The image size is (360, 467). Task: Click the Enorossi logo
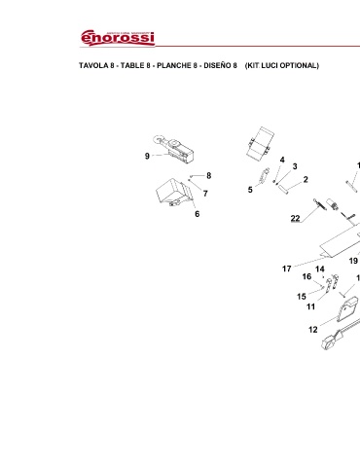pyautogui.click(x=118, y=38)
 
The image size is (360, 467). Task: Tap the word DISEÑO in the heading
pyautogui.click(x=217, y=65)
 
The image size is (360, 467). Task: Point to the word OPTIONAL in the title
pyautogui.click(x=299, y=65)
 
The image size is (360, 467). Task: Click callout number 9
pyautogui.click(x=147, y=156)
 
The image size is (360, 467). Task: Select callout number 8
pyautogui.click(x=209, y=175)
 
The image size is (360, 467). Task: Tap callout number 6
pyautogui.click(x=198, y=214)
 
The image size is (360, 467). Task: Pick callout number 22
pyautogui.click(x=295, y=218)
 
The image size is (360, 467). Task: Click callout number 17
pyautogui.click(x=287, y=269)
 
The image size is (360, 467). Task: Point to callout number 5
pyautogui.click(x=250, y=190)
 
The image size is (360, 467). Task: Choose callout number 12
pyautogui.click(x=313, y=330)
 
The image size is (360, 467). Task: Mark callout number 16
pyautogui.click(x=306, y=276)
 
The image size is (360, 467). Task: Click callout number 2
pyautogui.click(x=306, y=179)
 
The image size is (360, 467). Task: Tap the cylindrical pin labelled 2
pyautogui.click(x=283, y=190)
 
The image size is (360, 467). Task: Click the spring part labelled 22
pyautogui.click(x=318, y=204)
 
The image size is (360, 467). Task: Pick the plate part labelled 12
pyautogui.click(x=348, y=309)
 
